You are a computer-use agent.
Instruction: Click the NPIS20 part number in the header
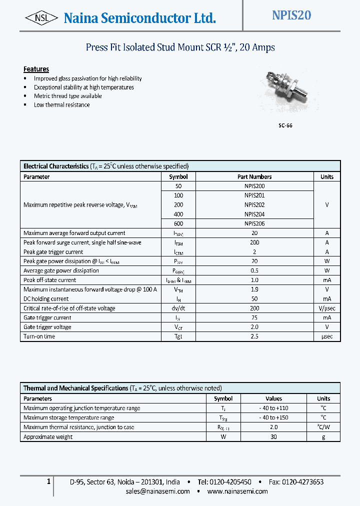click(x=291, y=15)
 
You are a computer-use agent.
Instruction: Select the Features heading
click(x=36, y=69)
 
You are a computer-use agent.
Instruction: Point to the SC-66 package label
click(x=285, y=125)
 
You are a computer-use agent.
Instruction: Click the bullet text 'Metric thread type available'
click(x=67, y=96)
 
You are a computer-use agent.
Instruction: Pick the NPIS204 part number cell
click(x=254, y=214)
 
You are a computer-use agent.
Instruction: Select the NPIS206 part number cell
click(x=254, y=223)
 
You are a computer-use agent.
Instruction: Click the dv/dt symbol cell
click(x=178, y=308)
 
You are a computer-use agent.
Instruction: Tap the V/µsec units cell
click(x=327, y=308)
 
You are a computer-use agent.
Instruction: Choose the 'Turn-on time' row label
click(x=39, y=336)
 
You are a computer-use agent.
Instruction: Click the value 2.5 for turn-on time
click(x=254, y=336)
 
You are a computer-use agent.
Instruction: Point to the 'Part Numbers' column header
click(x=254, y=176)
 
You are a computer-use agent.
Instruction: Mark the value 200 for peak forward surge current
click(x=254, y=242)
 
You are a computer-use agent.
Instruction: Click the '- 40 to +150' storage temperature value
click(x=273, y=417)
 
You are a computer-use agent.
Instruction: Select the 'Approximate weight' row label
click(x=48, y=437)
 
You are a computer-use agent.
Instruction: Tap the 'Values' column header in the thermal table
click(x=273, y=398)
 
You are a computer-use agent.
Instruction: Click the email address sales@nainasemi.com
click(x=158, y=491)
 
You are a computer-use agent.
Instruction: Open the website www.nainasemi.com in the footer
click(x=237, y=491)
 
